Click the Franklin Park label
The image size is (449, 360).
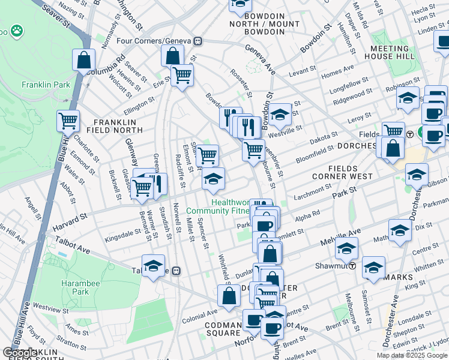46,85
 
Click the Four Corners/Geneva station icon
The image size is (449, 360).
197,41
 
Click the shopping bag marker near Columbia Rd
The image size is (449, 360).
83,61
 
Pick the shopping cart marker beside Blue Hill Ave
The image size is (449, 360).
68,121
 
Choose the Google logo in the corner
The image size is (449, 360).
20,353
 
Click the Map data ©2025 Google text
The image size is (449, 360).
412,355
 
